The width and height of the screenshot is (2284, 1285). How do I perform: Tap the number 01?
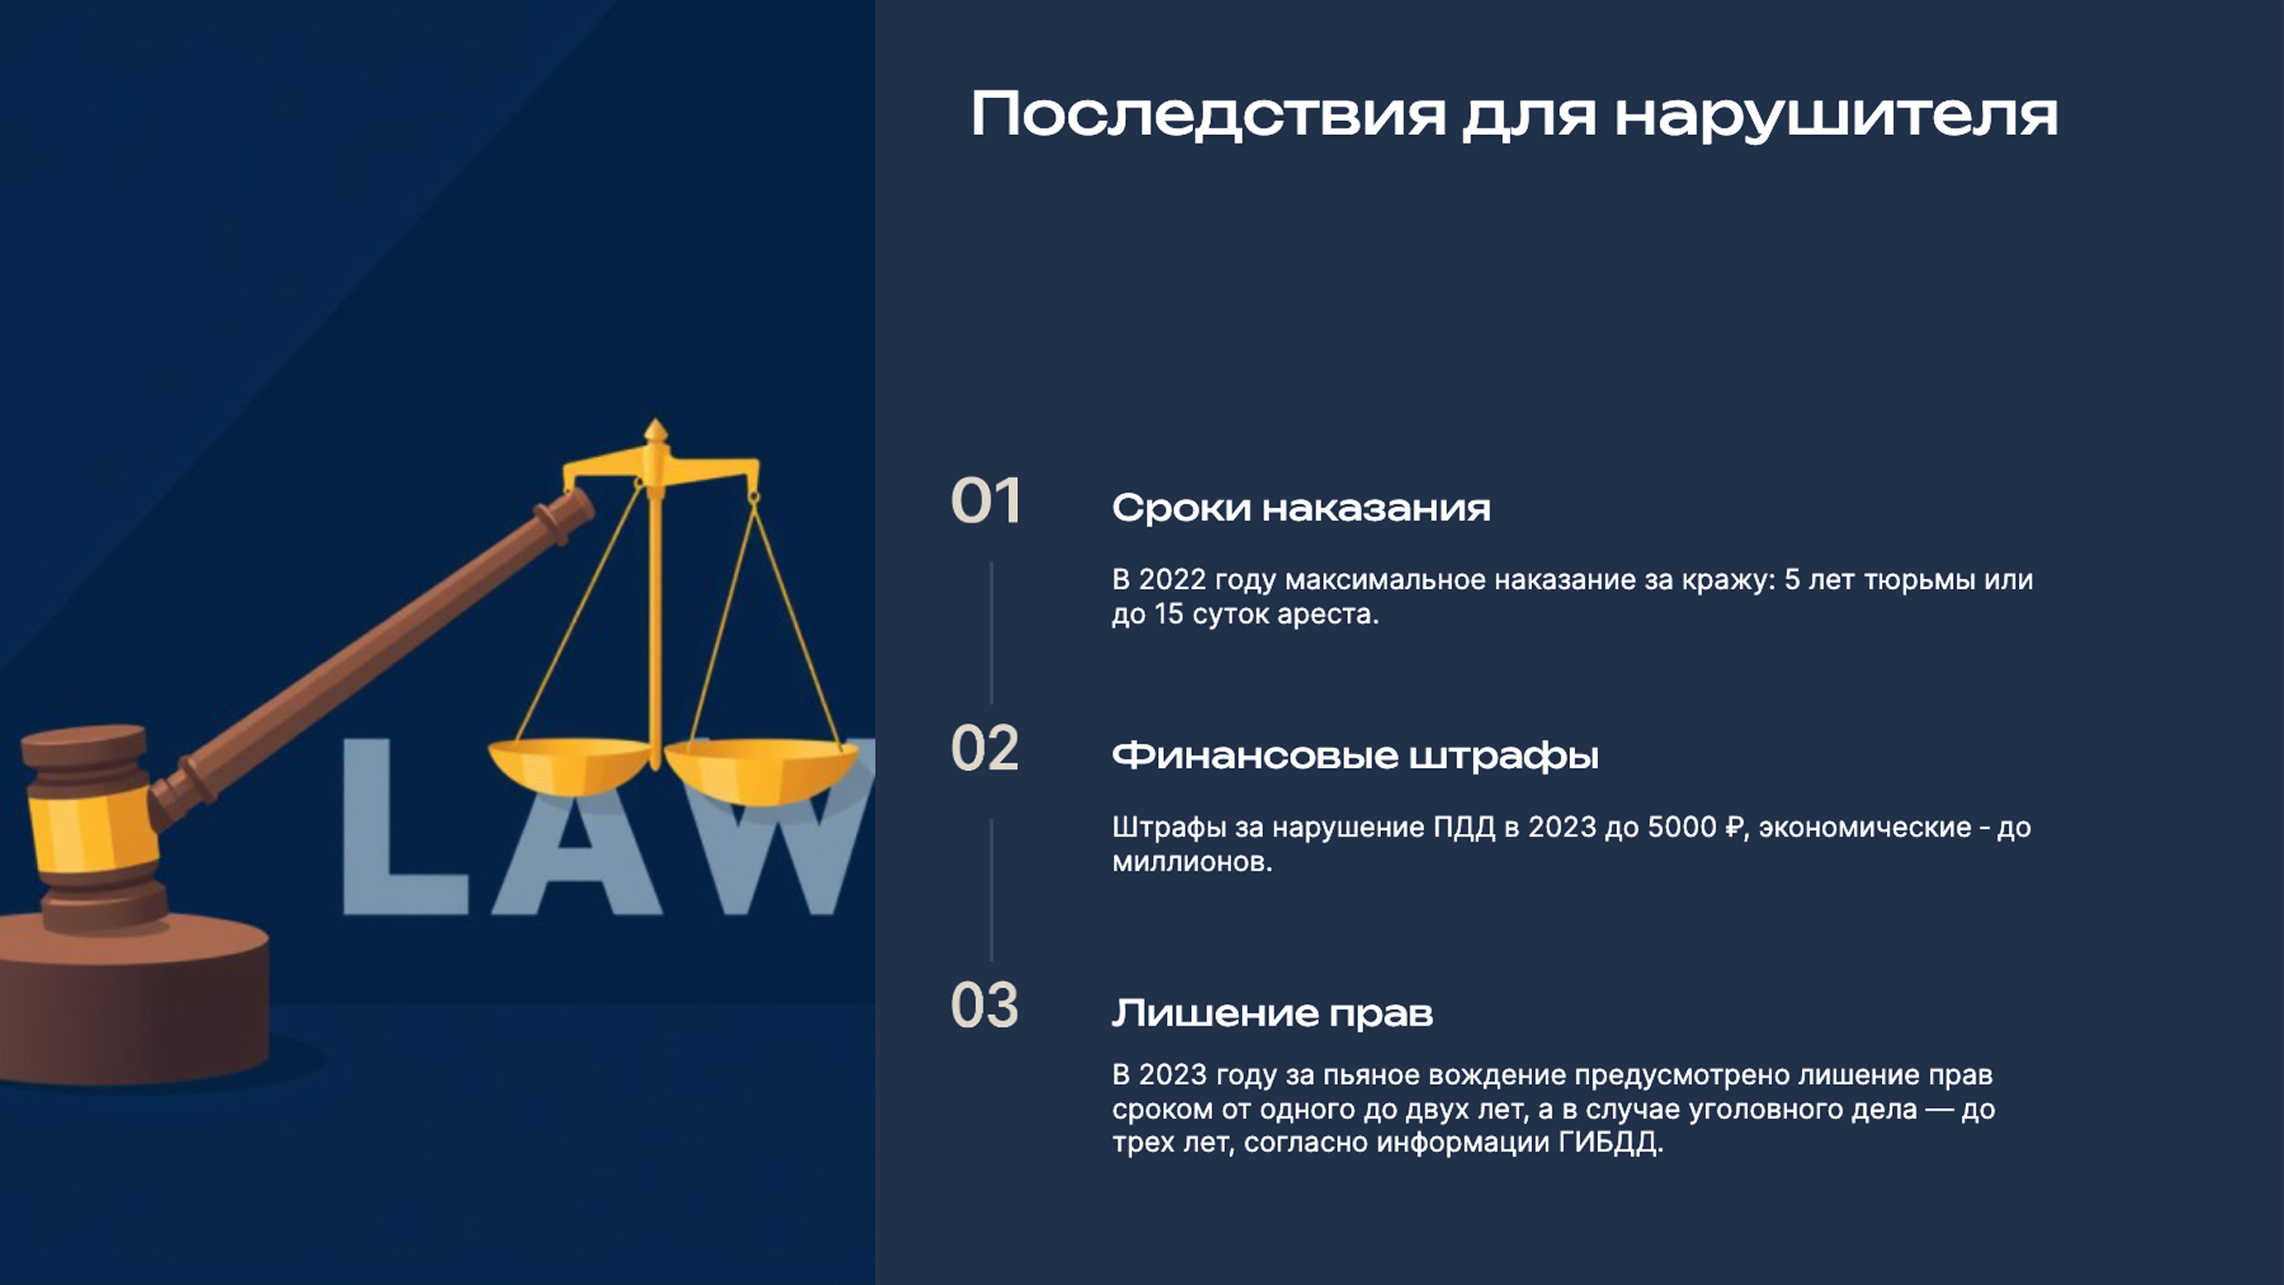pyautogui.click(x=985, y=502)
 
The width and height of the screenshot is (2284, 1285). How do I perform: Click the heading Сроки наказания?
pyautogui.click(x=1301, y=508)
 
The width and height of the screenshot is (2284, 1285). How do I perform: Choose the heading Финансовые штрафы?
pyautogui.click(x=1355, y=756)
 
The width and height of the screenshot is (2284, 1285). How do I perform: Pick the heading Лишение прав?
pyautogui.click(x=1272, y=1013)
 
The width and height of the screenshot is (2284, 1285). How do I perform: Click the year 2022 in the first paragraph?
pyautogui.click(x=1172, y=580)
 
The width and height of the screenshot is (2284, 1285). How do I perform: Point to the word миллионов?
pyautogui.click(x=1191, y=862)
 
